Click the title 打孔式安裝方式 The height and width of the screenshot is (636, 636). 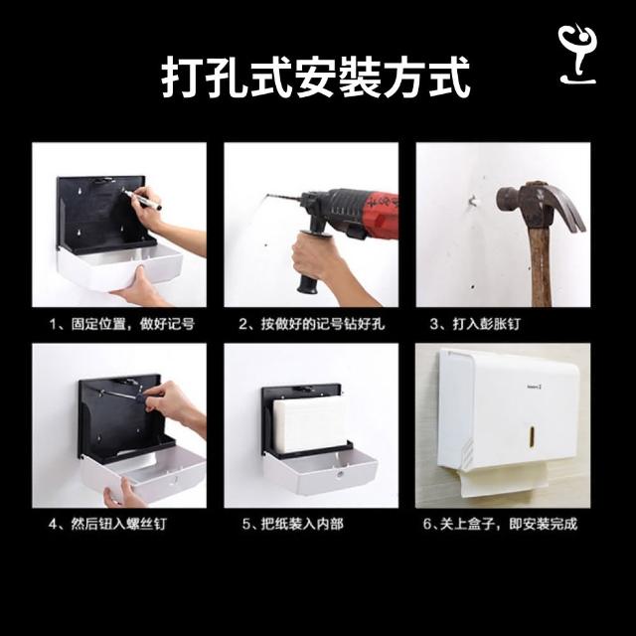[x=316, y=78]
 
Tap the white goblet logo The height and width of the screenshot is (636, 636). [x=577, y=54]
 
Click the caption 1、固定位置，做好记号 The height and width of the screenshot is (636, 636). [x=121, y=324]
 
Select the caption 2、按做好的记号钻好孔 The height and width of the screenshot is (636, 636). [x=311, y=324]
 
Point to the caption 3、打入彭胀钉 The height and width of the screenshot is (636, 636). [x=475, y=324]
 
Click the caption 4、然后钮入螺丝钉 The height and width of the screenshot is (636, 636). [x=107, y=524]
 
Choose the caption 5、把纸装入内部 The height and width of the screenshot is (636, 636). [x=293, y=524]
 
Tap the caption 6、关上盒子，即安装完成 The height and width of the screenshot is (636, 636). [x=500, y=524]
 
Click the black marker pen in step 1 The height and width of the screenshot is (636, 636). [x=143, y=200]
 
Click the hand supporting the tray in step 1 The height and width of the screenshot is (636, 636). [x=140, y=289]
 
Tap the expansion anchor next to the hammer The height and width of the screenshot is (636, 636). [x=473, y=201]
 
